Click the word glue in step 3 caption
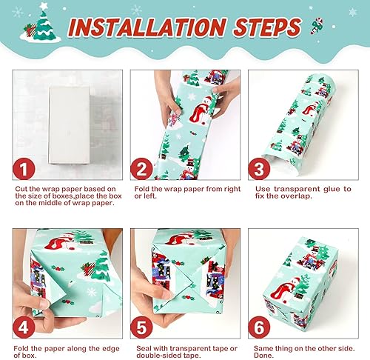point(330,189)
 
